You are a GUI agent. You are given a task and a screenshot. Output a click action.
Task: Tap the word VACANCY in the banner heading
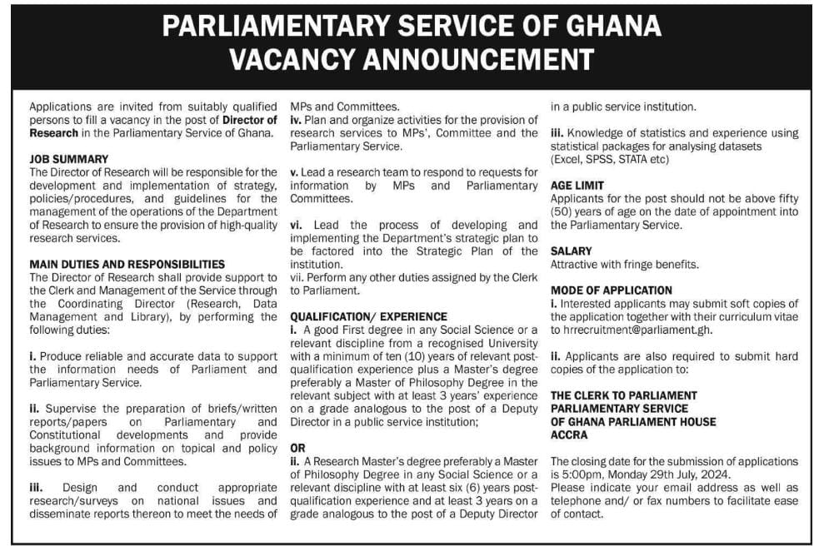[310, 60]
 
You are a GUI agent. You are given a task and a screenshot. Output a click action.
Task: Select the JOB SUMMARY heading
[68, 159]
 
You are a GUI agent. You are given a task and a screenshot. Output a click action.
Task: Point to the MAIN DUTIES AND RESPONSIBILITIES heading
[126, 264]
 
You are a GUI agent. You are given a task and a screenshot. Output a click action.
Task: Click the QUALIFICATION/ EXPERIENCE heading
[368, 317]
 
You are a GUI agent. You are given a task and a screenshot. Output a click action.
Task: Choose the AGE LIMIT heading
[577, 186]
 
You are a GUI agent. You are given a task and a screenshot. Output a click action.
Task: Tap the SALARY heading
[572, 251]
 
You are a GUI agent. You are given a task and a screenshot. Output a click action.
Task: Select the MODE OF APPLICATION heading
[612, 290]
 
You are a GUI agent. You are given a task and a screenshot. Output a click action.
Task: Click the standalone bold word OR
[297, 449]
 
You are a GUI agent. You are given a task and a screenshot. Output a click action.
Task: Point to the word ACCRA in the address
[570, 434]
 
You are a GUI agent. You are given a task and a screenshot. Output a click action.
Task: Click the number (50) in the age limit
[565, 211]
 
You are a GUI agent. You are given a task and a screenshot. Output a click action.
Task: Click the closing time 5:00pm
[580, 474]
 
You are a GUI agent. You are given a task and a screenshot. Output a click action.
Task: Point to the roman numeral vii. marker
[297, 277]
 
